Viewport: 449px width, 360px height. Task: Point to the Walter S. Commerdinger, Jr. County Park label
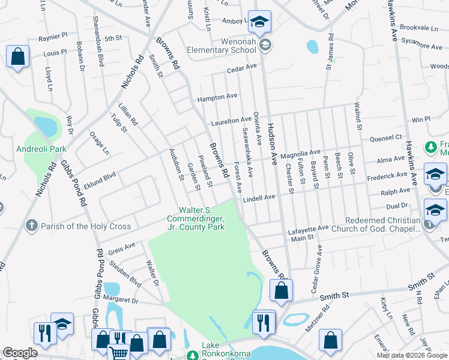point(202,219)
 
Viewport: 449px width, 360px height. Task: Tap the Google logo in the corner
point(20,353)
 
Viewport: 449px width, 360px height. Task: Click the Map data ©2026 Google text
point(412,355)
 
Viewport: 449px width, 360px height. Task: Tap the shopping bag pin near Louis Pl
point(18,57)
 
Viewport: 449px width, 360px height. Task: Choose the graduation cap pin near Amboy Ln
point(259,22)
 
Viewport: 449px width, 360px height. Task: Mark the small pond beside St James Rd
point(312,46)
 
